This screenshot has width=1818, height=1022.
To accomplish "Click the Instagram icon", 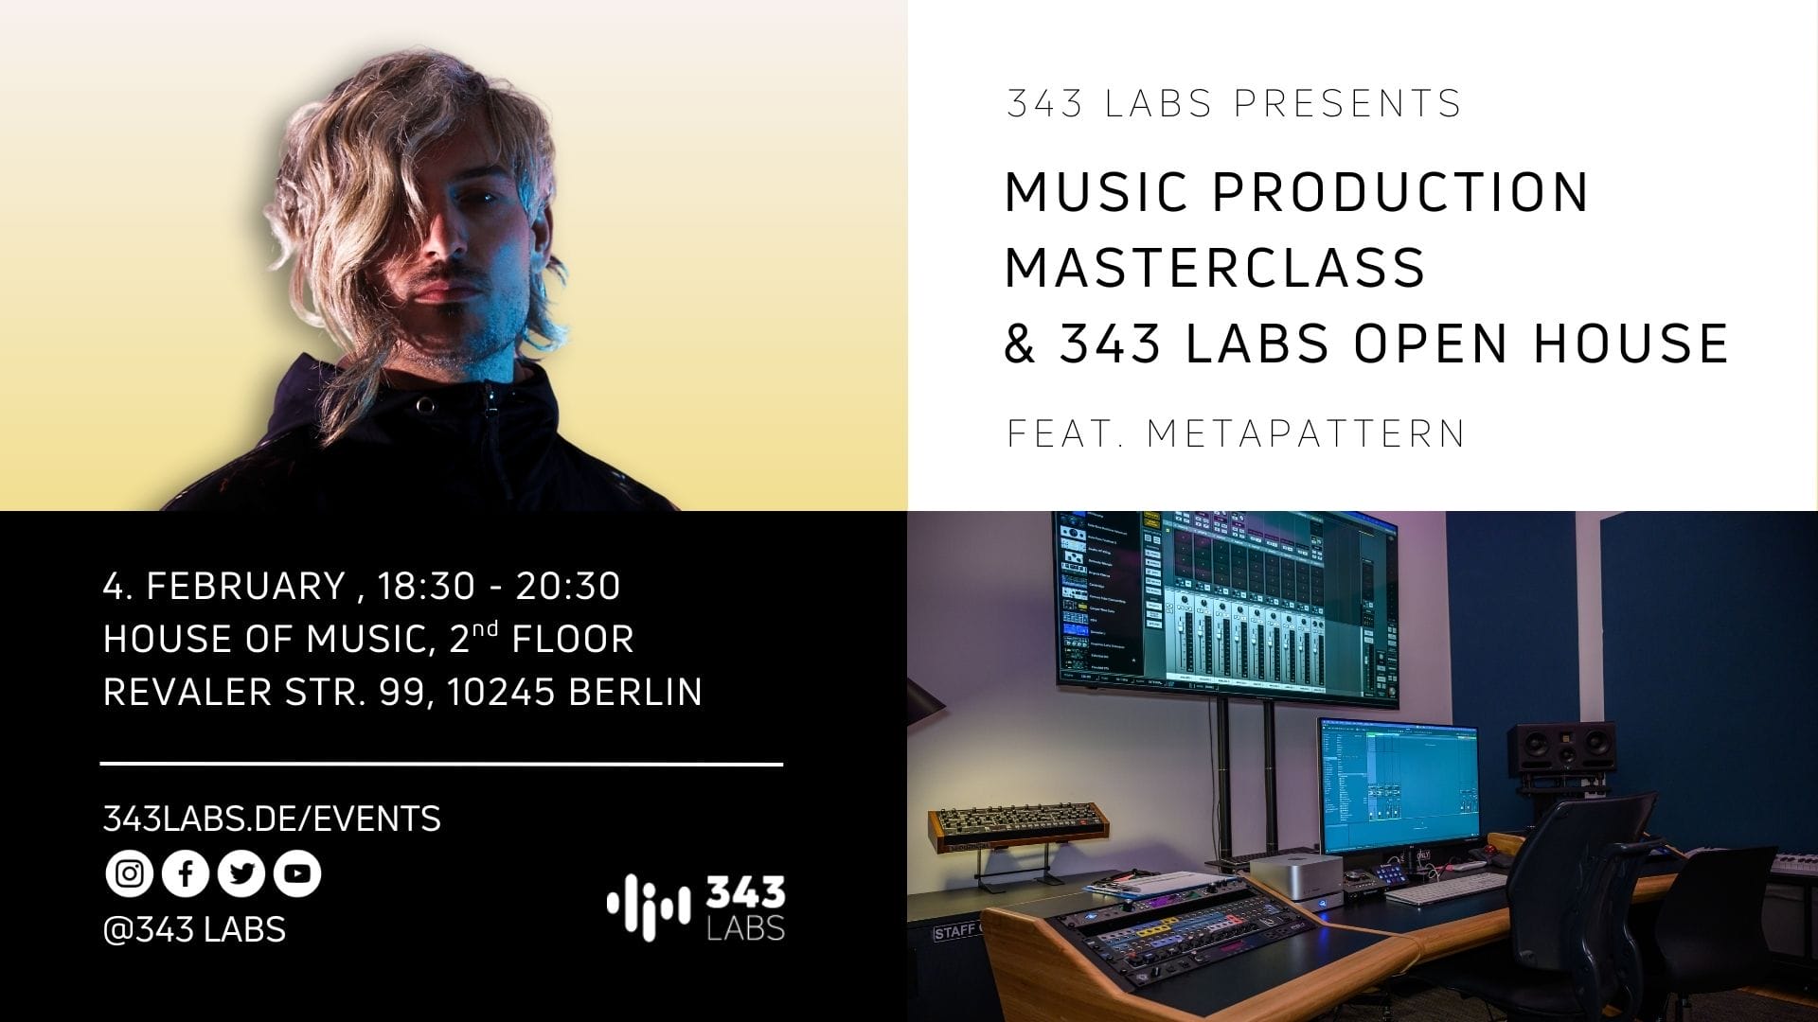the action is point(129,873).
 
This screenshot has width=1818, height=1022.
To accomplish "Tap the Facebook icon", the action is point(186,873).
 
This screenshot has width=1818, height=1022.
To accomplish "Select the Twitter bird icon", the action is point(241,873).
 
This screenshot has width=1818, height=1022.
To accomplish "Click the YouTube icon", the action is point(297,873).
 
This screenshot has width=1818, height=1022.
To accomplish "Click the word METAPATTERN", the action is point(1306,433).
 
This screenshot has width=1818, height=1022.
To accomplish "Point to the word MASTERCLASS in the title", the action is point(1215,267).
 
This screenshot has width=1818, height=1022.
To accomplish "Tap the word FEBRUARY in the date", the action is point(245,587).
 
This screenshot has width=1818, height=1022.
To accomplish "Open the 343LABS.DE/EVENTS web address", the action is point(272,819).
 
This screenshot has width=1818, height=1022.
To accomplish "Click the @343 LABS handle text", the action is point(194,929).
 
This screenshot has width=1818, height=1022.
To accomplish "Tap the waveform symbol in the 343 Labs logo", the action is point(649,908).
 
